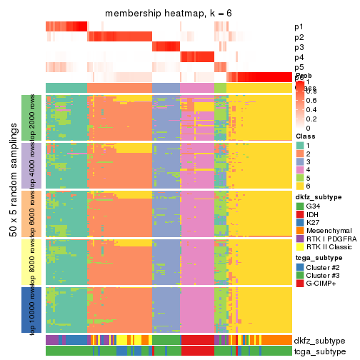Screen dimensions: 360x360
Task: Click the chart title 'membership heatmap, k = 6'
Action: coord(168,14)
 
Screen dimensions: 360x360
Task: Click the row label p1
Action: coord(298,26)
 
